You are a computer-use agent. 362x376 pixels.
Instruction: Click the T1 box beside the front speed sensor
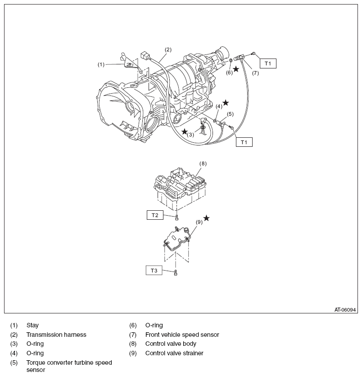(268, 63)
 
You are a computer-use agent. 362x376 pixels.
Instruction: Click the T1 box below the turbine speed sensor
(244, 142)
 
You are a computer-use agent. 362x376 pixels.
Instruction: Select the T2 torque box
(154, 215)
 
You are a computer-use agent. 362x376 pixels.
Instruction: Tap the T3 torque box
(154, 270)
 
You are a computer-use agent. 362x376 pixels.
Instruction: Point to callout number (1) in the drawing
(101, 64)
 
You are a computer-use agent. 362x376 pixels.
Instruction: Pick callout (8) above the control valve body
(203, 163)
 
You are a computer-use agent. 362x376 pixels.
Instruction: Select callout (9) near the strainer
(199, 222)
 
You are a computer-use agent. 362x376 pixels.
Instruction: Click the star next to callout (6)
(236, 69)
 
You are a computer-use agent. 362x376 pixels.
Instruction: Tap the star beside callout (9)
(206, 218)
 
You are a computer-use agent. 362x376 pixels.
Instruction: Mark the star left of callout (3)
(185, 131)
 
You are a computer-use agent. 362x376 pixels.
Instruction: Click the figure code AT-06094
(345, 310)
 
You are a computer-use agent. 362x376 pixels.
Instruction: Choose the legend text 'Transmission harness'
(56, 335)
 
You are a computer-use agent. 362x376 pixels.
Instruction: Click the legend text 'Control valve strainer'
(174, 353)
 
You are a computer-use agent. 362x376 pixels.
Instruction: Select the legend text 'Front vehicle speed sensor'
(182, 335)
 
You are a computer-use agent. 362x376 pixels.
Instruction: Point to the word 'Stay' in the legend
(32, 325)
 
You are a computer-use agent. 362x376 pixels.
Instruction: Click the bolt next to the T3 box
(175, 272)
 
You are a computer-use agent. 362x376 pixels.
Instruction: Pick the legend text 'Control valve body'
(171, 344)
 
